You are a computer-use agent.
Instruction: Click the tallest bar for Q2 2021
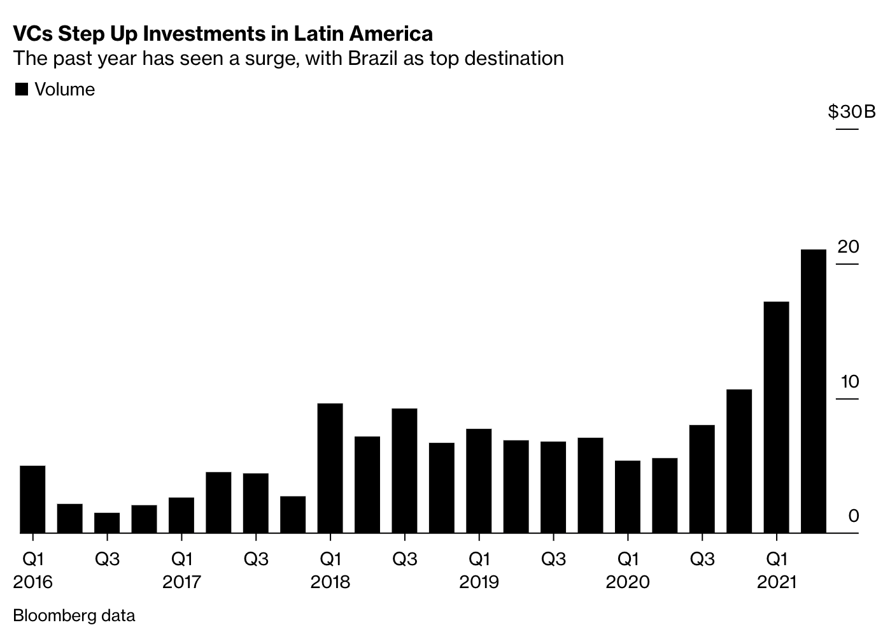point(813,391)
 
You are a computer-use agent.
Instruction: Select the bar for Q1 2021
point(776,417)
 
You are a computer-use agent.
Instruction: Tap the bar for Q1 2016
point(32,499)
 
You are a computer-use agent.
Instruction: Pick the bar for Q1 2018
point(330,468)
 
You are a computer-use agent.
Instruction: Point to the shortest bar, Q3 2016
point(107,523)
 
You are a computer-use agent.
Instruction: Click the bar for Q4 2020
point(738,461)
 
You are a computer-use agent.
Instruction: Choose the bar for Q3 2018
point(404,470)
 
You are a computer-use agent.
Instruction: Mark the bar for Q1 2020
point(627,496)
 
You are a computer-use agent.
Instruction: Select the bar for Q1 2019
point(479,481)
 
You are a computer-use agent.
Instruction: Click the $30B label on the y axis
point(851,112)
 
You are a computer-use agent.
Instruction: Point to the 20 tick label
point(848,247)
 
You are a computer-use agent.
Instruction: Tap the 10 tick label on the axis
point(849,382)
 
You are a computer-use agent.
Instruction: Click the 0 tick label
point(853,516)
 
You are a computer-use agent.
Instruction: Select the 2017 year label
point(181,582)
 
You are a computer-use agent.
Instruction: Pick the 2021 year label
point(777,582)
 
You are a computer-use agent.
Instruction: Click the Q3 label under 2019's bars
point(553,559)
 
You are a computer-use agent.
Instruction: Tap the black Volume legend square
point(22,90)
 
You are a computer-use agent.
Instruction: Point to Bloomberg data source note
point(74,615)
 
